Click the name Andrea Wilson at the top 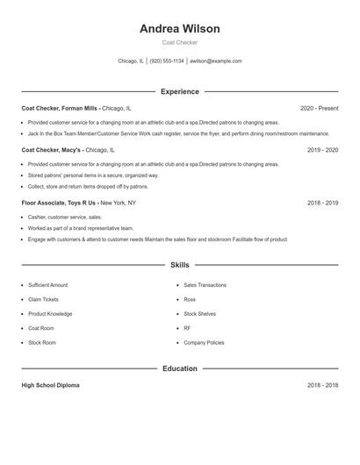point(179,29)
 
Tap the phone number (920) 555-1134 point(167,61)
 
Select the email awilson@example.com point(216,61)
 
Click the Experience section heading point(179,91)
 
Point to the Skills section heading point(179,264)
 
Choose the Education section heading point(179,368)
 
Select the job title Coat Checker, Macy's point(53,150)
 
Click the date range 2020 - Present point(319,108)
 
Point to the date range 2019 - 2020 point(322,150)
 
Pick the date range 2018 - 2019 point(322,203)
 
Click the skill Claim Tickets point(44,299)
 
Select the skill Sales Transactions point(205,285)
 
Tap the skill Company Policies point(203,342)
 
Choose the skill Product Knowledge point(50,313)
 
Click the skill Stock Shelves point(199,313)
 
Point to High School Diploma point(50,385)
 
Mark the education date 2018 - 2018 point(322,385)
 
